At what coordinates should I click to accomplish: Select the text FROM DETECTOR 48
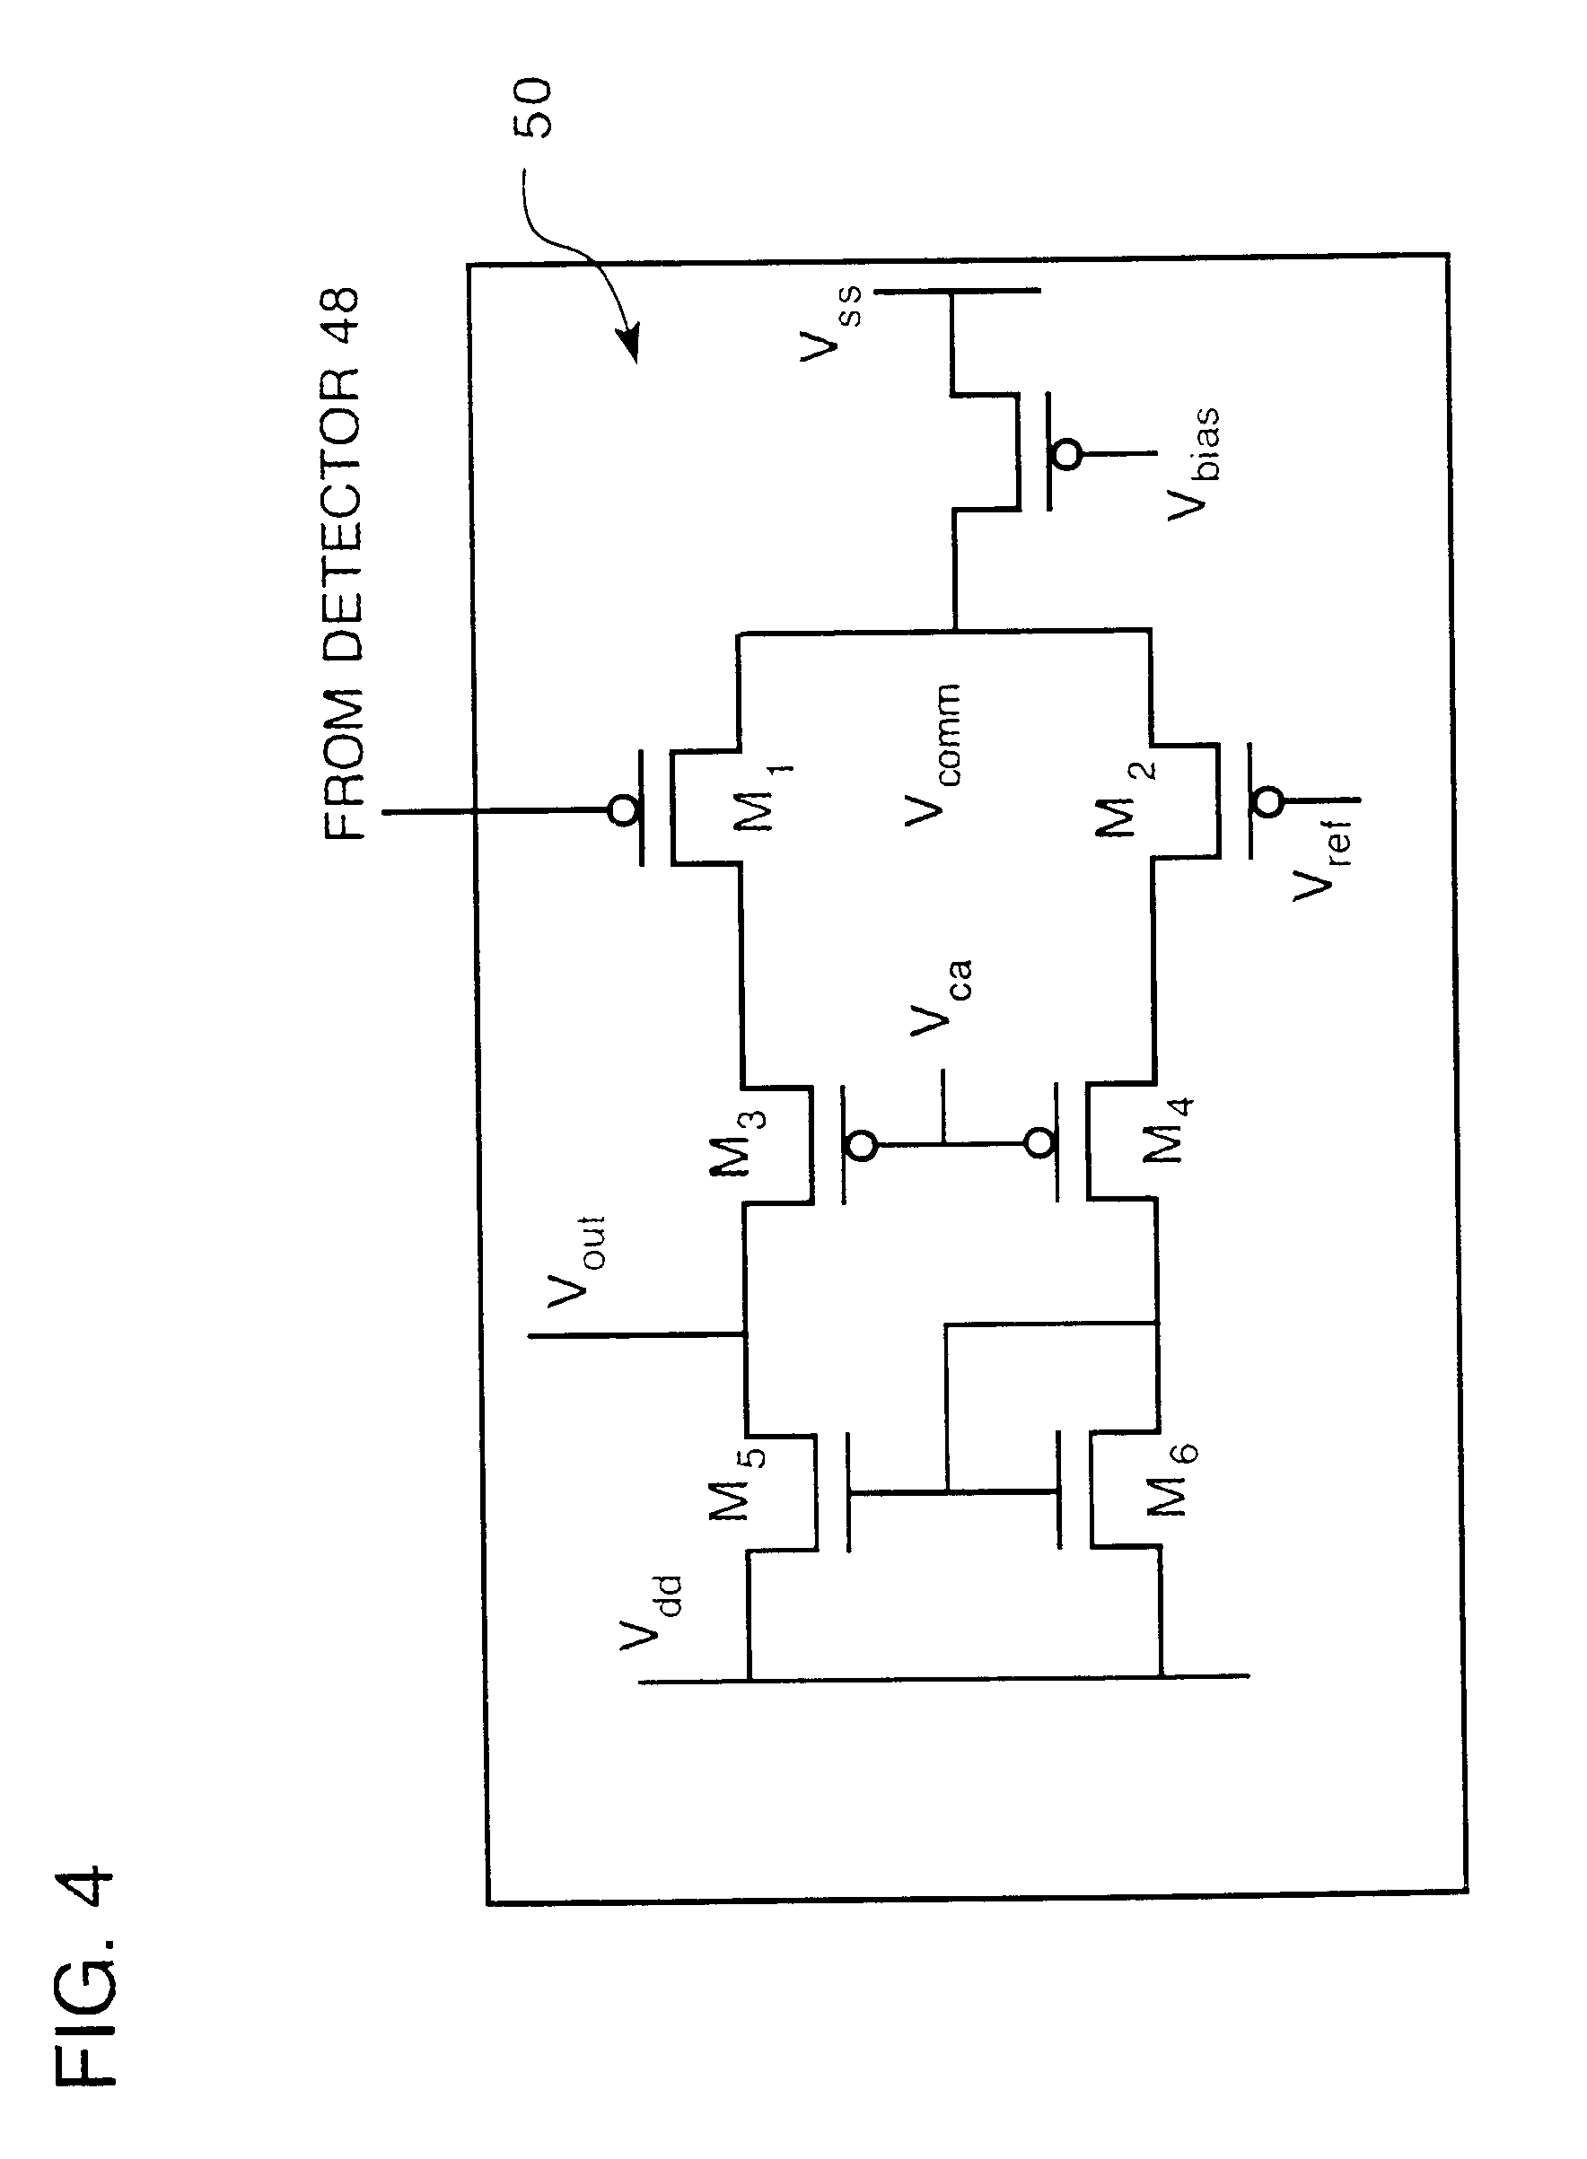tap(341, 564)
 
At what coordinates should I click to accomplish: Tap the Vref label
tap(1323, 857)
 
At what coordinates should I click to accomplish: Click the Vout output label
tap(576, 1261)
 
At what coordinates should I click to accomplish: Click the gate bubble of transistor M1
tap(624, 812)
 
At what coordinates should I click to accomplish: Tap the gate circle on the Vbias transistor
tap(1066, 452)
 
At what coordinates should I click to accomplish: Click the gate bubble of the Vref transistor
tap(1269, 801)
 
